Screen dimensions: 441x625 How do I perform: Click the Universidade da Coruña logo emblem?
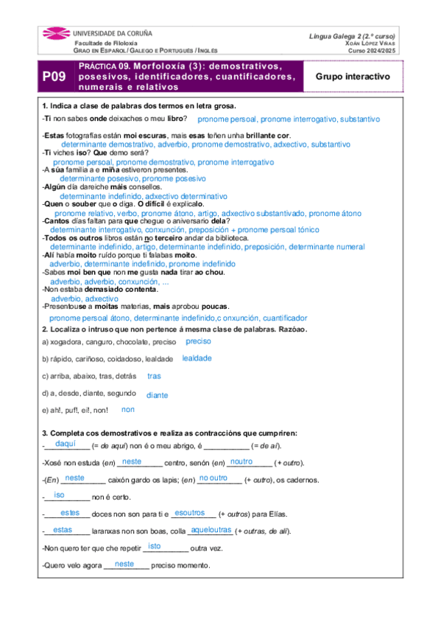[57, 35]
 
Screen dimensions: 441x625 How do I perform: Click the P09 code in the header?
[53, 77]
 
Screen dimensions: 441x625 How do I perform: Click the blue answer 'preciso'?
[198, 341]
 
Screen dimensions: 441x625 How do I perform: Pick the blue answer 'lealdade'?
[197, 357]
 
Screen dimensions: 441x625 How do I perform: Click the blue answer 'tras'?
[154, 376]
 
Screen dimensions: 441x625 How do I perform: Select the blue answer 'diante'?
[157, 395]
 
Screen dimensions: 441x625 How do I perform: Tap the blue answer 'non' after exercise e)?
[128, 409]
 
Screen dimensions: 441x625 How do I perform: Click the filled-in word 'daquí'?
[66, 444]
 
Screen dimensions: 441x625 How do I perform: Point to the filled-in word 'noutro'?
[241, 461]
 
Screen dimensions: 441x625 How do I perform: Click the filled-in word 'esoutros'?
[190, 512]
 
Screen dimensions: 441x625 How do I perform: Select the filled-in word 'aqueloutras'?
[211, 529]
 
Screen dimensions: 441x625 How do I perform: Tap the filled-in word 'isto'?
[155, 546]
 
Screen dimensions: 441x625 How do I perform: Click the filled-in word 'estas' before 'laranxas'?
[63, 529]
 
